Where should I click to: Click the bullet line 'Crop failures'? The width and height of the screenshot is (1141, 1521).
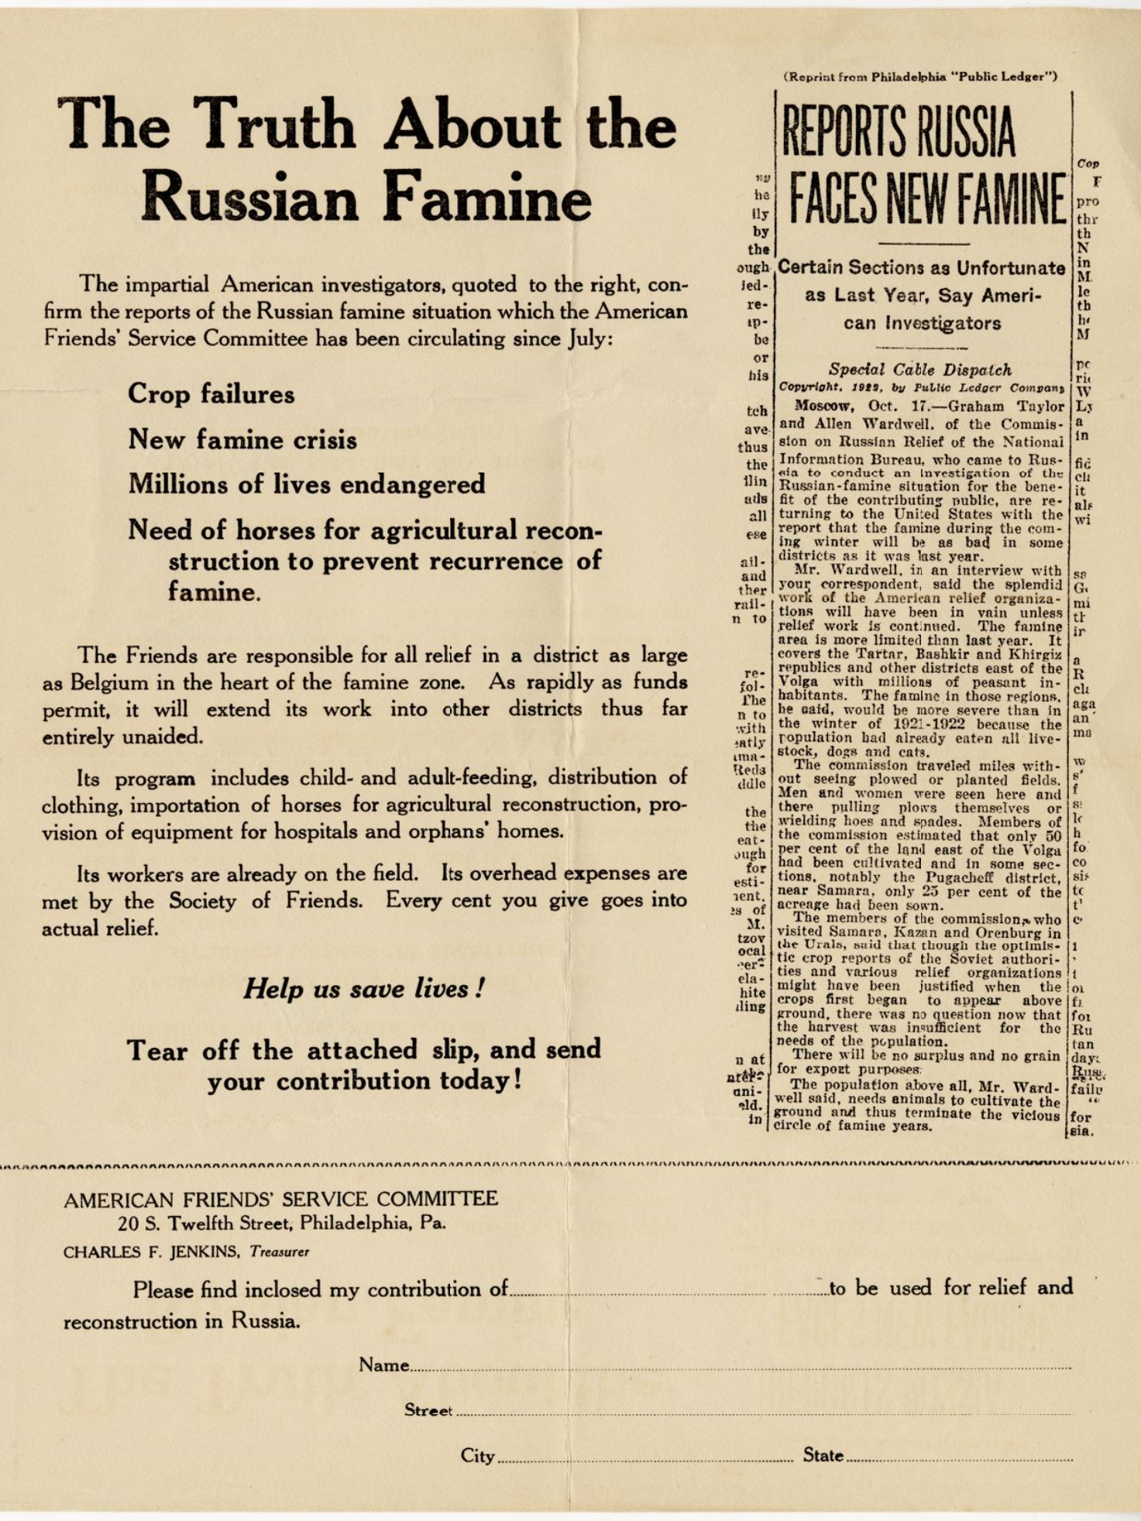pos(211,394)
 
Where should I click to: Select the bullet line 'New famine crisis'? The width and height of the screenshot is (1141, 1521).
pos(242,440)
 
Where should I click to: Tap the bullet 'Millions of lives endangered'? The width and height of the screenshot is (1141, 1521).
pos(306,485)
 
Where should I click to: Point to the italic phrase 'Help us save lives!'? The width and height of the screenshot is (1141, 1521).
pos(364,989)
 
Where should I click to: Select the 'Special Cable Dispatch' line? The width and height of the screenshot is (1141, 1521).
pos(920,369)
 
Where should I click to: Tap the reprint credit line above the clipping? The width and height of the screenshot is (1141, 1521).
pos(920,77)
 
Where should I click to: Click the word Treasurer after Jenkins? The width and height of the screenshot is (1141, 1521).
pos(279,1252)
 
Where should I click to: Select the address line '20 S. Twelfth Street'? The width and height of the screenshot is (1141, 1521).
pos(282,1224)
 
